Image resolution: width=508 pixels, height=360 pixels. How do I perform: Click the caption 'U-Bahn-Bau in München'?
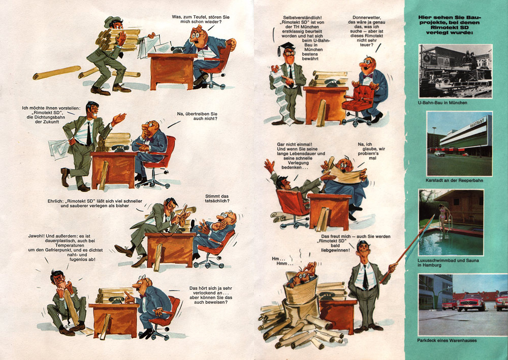pos(442,103)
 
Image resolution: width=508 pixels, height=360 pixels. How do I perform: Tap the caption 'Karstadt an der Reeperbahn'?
pos(454,180)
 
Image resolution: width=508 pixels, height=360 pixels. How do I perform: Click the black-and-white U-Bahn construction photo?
pos(456,71)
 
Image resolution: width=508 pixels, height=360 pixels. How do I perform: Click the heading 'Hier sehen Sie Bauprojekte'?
pos(450,24)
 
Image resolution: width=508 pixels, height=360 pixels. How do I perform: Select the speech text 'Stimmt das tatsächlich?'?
pos(217,199)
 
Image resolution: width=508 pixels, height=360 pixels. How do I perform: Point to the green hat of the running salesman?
pos(112,21)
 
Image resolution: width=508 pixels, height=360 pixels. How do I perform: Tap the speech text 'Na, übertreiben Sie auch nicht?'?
pos(197,116)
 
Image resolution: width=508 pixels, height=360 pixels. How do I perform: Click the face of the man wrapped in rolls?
pos(303,277)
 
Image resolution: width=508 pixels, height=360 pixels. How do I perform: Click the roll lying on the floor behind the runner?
pos(57,73)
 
